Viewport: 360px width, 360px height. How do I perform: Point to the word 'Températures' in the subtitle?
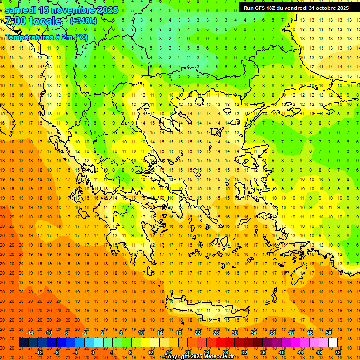click(27, 37)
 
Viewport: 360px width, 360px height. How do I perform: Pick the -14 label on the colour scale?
click(30, 333)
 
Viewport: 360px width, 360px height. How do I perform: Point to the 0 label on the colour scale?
click(93, 352)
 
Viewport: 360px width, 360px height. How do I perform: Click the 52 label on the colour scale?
click(338, 352)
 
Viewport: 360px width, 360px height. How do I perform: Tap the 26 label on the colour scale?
click(216, 333)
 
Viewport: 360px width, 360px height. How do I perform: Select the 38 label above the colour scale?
click(272, 333)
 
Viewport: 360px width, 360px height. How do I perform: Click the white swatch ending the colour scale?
click(333, 342)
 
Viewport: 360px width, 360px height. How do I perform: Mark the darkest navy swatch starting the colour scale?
click(23, 342)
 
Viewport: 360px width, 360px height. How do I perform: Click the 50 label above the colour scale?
click(329, 333)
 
